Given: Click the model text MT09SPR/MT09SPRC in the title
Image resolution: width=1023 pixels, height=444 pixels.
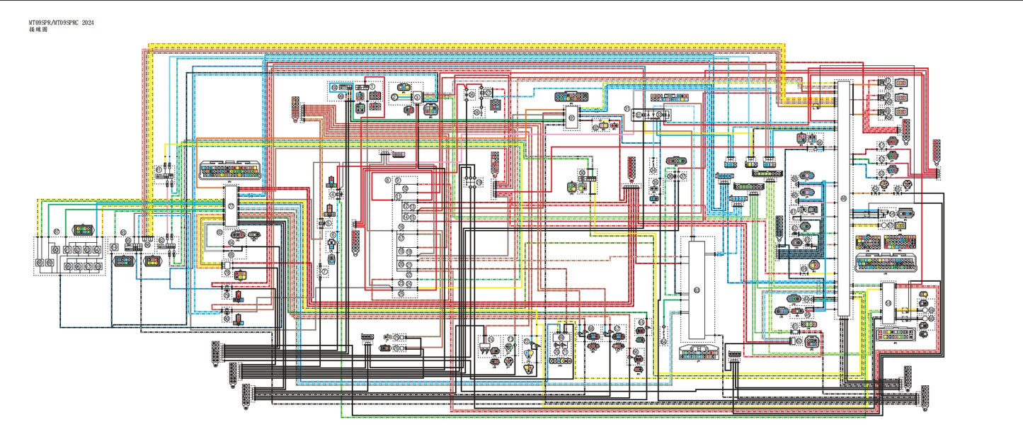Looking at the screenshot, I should [x=49, y=23].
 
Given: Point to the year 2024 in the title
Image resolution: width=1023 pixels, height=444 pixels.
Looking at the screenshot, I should [x=87, y=23].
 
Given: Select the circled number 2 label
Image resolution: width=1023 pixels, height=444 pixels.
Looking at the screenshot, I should [x=394, y=96].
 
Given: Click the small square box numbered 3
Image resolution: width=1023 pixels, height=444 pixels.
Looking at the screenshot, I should [x=418, y=96].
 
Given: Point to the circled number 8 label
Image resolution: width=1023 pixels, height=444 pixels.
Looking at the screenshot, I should [x=388, y=181].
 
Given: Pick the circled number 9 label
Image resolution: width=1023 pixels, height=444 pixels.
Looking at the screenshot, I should [x=399, y=181].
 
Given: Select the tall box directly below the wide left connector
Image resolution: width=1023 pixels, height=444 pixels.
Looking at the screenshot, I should [x=232, y=206].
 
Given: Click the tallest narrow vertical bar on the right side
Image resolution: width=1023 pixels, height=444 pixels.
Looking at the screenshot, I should [x=843, y=198].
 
